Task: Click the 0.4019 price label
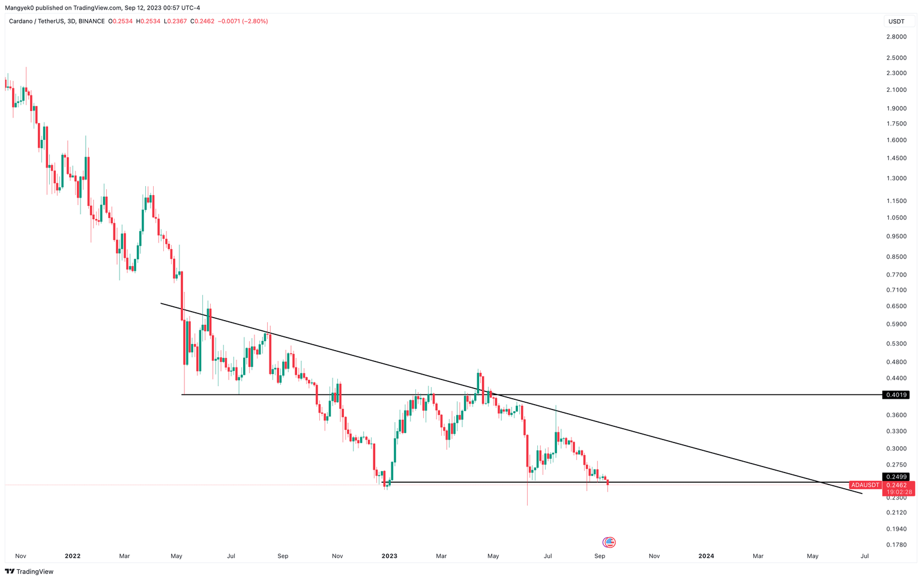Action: [x=896, y=395]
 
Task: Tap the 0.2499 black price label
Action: [x=896, y=477]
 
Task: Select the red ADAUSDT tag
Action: [x=865, y=485]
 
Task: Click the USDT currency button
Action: [x=896, y=22]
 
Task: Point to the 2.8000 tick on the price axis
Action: [x=896, y=37]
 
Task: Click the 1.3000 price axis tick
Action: [x=896, y=178]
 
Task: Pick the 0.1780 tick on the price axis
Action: [x=896, y=545]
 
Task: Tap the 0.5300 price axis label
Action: [x=896, y=344]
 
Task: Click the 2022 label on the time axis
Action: [x=73, y=556]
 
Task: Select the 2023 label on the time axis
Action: [x=390, y=556]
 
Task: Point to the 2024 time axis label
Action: [x=706, y=556]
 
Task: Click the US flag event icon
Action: [x=609, y=542]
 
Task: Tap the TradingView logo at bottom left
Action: [x=29, y=572]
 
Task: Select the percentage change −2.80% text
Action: [x=255, y=22]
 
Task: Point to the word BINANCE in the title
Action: [x=91, y=22]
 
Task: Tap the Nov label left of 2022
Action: [x=20, y=556]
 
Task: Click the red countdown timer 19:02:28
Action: [x=899, y=492]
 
